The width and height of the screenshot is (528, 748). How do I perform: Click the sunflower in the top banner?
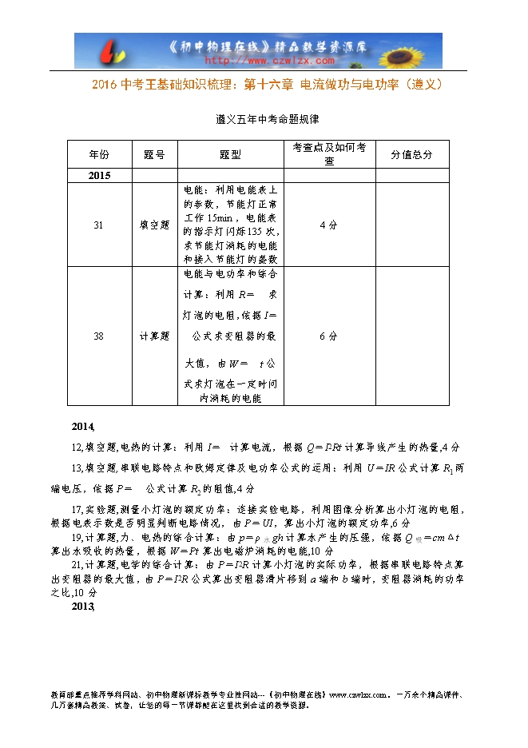(417, 50)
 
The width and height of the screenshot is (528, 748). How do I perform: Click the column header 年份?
(98, 154)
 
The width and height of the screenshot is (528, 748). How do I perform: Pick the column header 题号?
(154, 154)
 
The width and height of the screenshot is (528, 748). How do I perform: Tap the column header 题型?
(230, 154)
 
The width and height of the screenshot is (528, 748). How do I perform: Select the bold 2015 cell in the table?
(99, 176)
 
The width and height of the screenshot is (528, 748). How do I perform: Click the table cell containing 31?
(98, 225)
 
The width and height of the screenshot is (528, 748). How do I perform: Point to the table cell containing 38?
(98, 336)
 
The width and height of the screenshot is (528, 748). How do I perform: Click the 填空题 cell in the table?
(154, 225)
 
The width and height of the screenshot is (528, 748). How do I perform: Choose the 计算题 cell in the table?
(154, 336)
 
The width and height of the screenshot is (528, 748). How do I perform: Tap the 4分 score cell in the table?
(328, 225)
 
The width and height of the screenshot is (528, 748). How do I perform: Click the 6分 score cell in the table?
(328, 336)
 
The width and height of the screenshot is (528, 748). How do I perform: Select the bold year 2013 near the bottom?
(83, 607)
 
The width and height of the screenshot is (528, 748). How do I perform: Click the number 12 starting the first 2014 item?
(77, 448)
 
